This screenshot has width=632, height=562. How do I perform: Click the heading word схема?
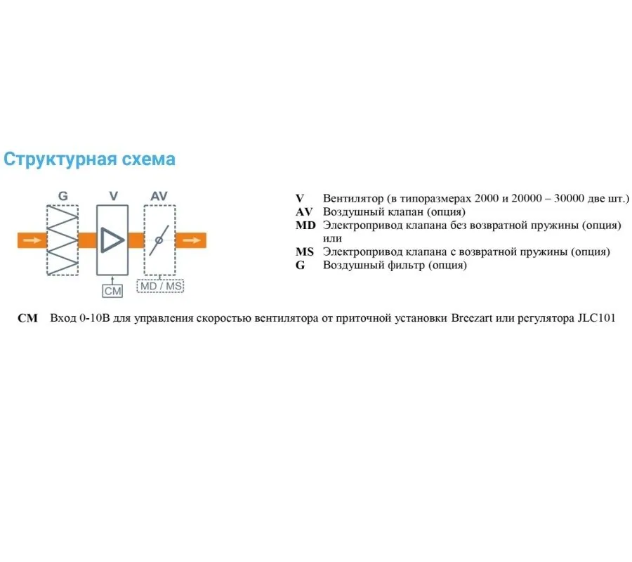pyautogui.click(x=149, y=159)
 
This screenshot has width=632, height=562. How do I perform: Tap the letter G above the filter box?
pyautogui.click(x=63, y=196)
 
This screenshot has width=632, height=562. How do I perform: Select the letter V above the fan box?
pyautogui.click(x=113, y=196)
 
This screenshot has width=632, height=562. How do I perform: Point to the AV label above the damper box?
pyautogui.click(x=159, y=196)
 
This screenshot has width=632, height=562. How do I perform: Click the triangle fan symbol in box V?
pyautogui.click(x=111, y=240)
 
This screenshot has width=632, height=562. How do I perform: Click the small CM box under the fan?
pyautogui.click(x=112, y=290)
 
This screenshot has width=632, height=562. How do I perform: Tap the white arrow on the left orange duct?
pyautogui.click(x=32, y=240)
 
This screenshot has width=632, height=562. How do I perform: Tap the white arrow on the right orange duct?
pyautogui.click(x=191, y=240)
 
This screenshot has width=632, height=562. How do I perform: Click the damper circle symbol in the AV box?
pyautogui.click(x=159, y=240)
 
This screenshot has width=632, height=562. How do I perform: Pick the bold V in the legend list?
pyautogui.click(x=300, y=199)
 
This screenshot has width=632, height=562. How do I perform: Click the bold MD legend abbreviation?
pyautogui.click(x=305, y=226)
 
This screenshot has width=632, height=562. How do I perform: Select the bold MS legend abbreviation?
pyautogui.click(x=305, y=252)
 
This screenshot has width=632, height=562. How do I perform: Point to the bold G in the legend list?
pyautogui.click(x=300, y=266)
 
